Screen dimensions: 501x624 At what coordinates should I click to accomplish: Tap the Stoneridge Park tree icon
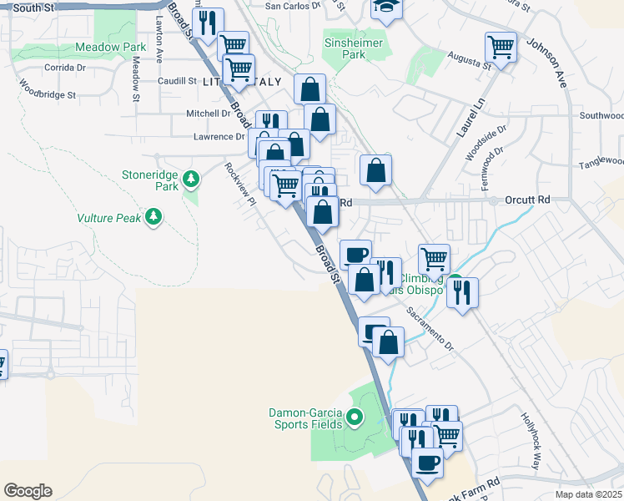192,178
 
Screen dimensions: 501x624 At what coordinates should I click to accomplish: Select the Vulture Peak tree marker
153,217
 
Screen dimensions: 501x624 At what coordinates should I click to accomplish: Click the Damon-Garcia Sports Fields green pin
354,417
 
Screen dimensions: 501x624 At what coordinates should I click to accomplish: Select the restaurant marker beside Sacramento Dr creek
461,292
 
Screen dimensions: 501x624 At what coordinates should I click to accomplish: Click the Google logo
28,491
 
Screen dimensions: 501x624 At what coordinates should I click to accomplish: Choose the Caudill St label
177,81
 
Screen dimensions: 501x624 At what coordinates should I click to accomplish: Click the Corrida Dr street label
60,67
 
